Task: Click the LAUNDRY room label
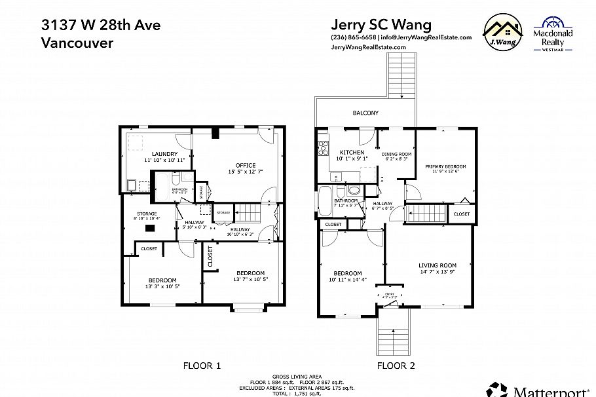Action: click(x=156, y=154)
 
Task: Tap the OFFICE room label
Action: click(x=246, y=165)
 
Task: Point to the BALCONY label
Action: click(x=365, y=113)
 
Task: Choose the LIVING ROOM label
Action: click(x=438, y=265)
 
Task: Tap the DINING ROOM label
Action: click(x=396, y=153)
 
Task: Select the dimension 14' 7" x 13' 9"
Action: click(x=438, y=271)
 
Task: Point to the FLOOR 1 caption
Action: click(x=200, y=366)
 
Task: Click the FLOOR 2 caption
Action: click(x=396, y=366)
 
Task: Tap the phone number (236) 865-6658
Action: click(x=354, y=37)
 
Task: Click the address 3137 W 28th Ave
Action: click(x=100, y=26)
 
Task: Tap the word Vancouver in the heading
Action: click(x=77, y=43)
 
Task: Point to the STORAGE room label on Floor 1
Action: click(x=147, y=214)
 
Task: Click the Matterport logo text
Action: click(x=550, y=391)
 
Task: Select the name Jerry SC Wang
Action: click(x=381, y=24)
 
